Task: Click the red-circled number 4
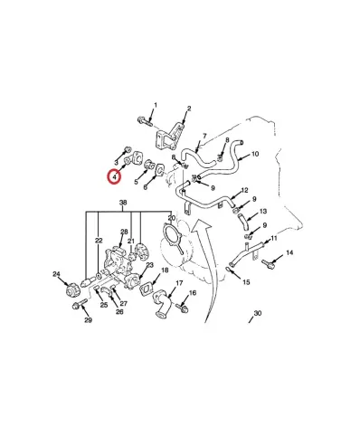click(x=114, y=176)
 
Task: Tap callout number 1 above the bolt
click(x=156, y=105)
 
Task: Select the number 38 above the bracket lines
click(x=123, y=203)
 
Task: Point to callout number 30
click(x=258, y=313)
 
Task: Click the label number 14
click(x=289, y=252)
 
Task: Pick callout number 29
click(x=88, y=320)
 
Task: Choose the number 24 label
click(x=56, y=274)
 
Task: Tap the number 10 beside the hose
click(x=255, y=154)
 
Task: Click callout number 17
click(x=179, y=283)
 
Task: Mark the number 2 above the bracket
click(x=189, y=109)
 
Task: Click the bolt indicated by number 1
click(x=145, y=121)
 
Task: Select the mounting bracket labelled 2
click(x=168, y=138)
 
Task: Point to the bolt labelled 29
click(x=80, y=304)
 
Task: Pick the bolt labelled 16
click(x=182, y=308)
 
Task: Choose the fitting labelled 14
click(x=268, y=264)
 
